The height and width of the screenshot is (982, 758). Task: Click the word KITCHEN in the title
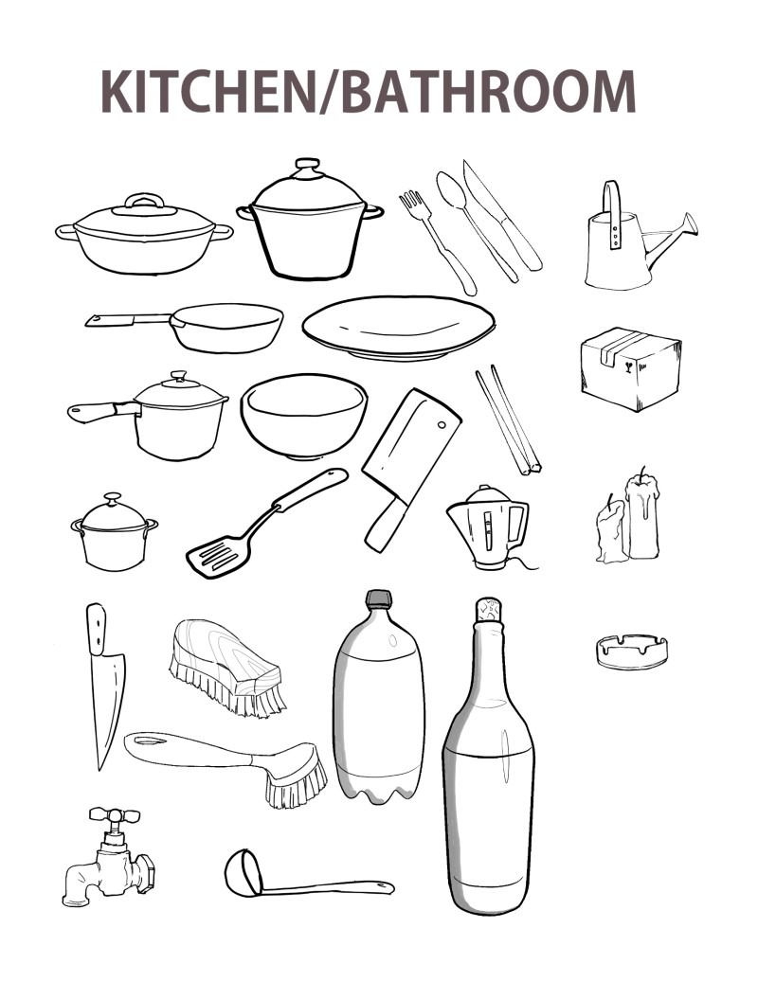tap(206, 92)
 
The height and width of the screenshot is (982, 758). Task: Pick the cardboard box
tap(630, 368)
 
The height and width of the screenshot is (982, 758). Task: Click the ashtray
tap(631, 652)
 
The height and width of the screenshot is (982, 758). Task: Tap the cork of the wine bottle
tap(488, 610)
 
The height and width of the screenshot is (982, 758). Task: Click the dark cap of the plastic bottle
tap(378, 598)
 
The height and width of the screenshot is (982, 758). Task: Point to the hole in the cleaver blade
tap(442, 424)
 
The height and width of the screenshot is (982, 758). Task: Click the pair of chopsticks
tap(508, 420)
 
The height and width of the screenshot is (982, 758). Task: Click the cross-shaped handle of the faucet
tap(114, 814)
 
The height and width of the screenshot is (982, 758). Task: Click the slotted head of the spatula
tap(218, 555)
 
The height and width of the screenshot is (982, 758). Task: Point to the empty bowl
tap(304, 415)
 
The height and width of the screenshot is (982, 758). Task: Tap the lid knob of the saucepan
tap(179, 376)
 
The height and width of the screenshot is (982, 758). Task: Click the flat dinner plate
tap(398, 328)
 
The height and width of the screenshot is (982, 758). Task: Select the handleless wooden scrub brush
tap(226, 667)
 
